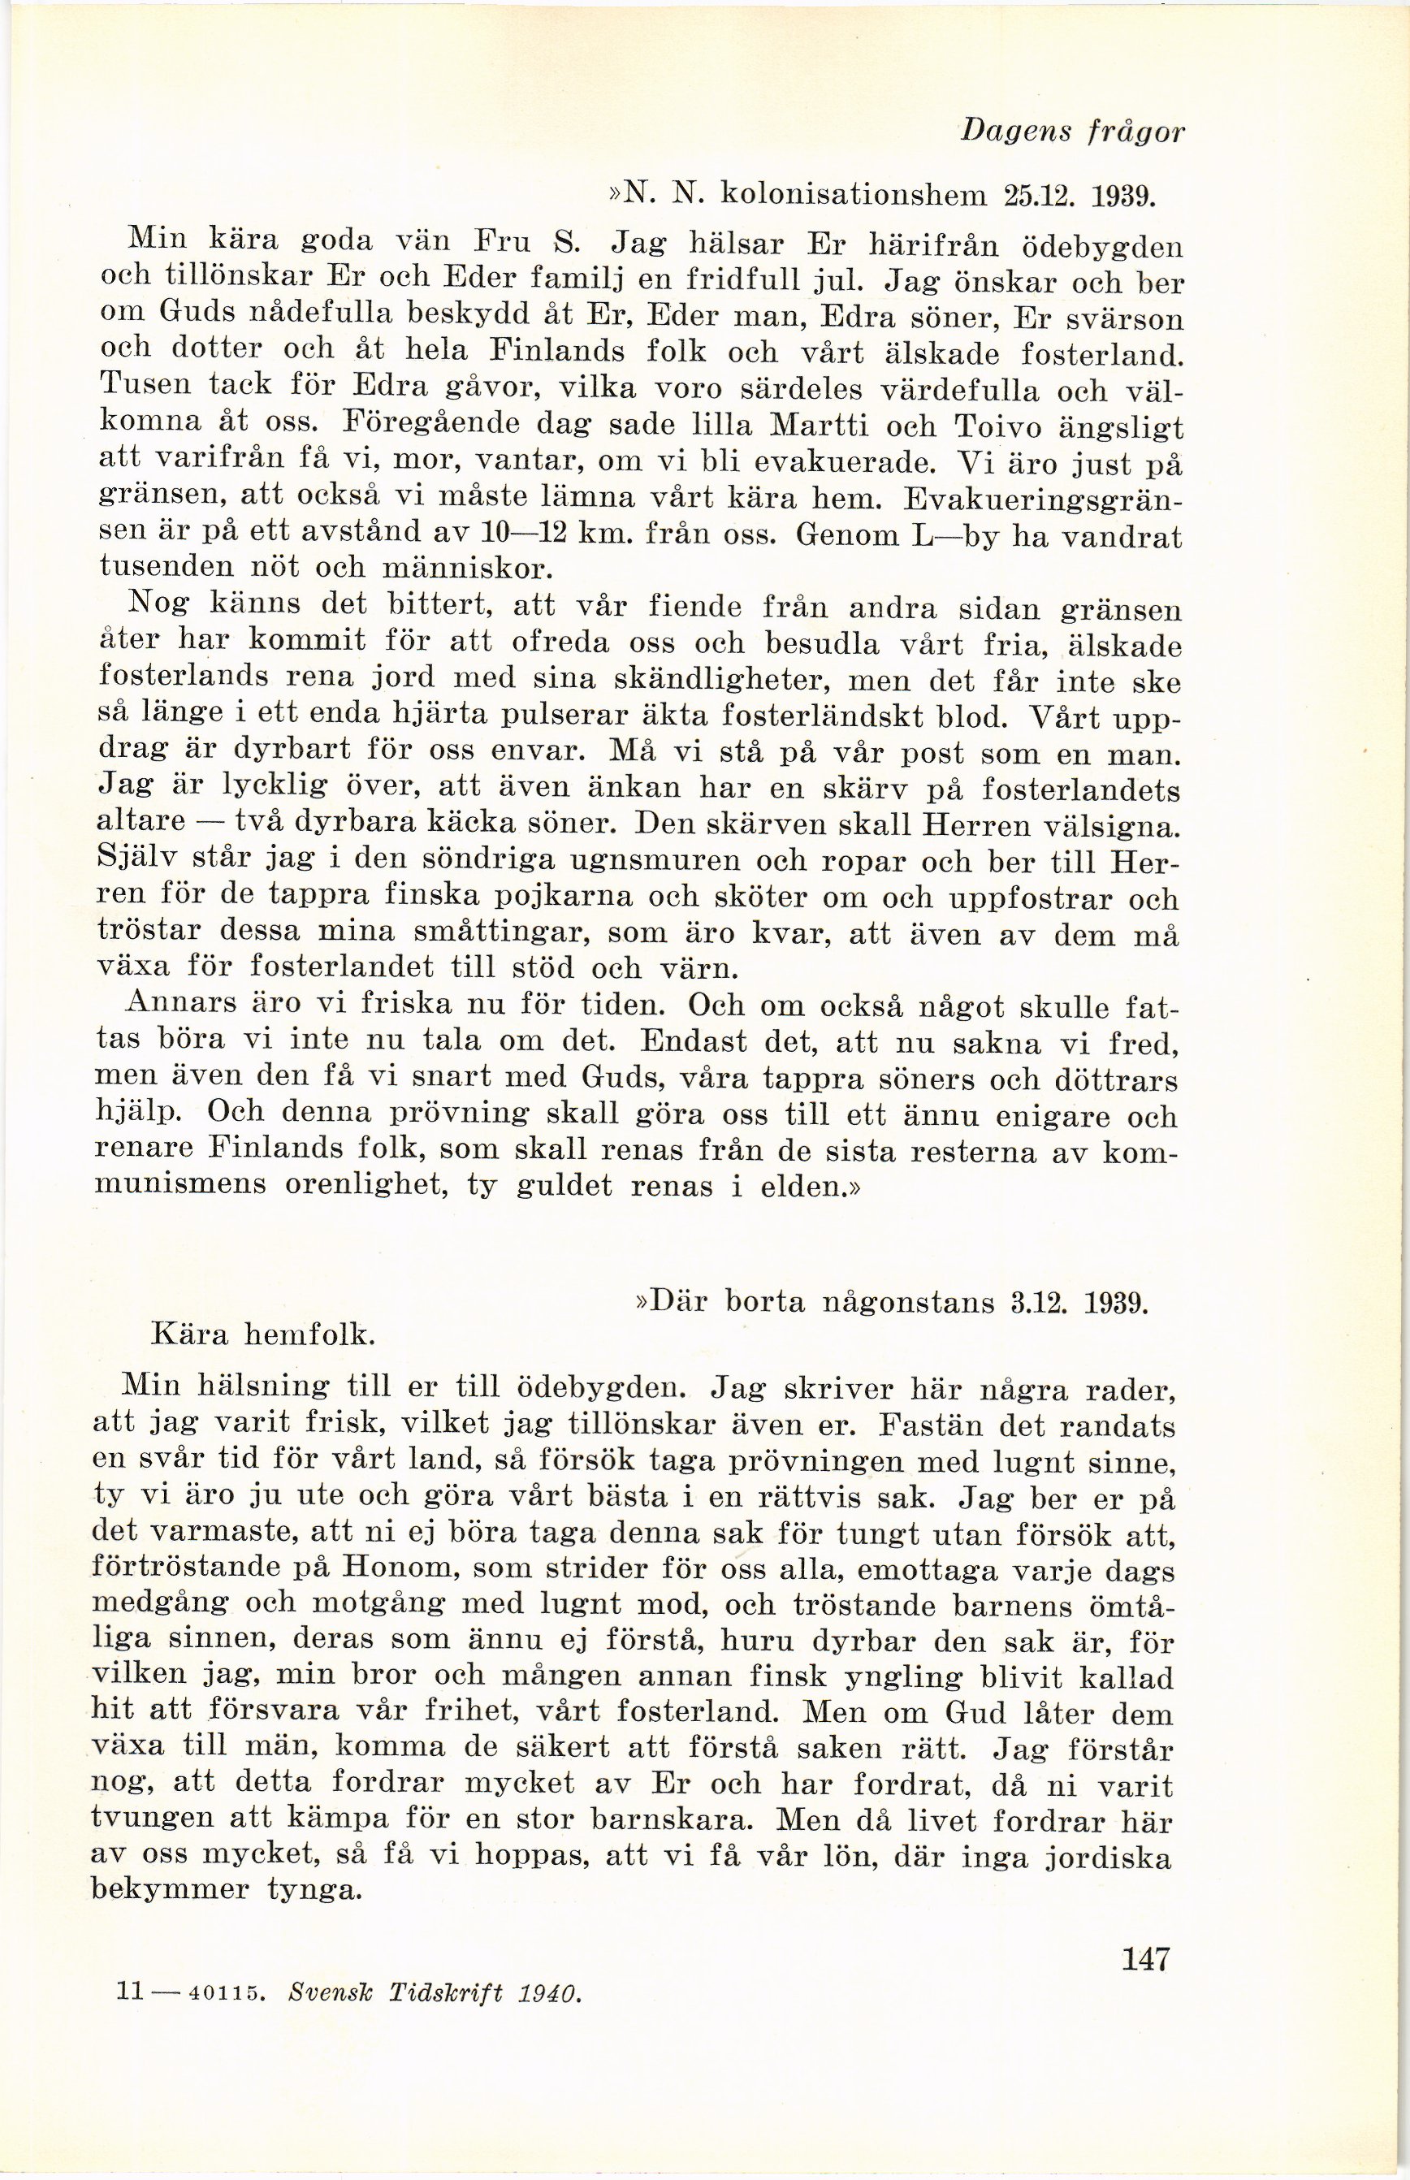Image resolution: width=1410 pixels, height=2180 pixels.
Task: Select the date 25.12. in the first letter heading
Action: [1036, 196]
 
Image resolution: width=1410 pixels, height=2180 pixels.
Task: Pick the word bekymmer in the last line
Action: [172, 1890]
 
